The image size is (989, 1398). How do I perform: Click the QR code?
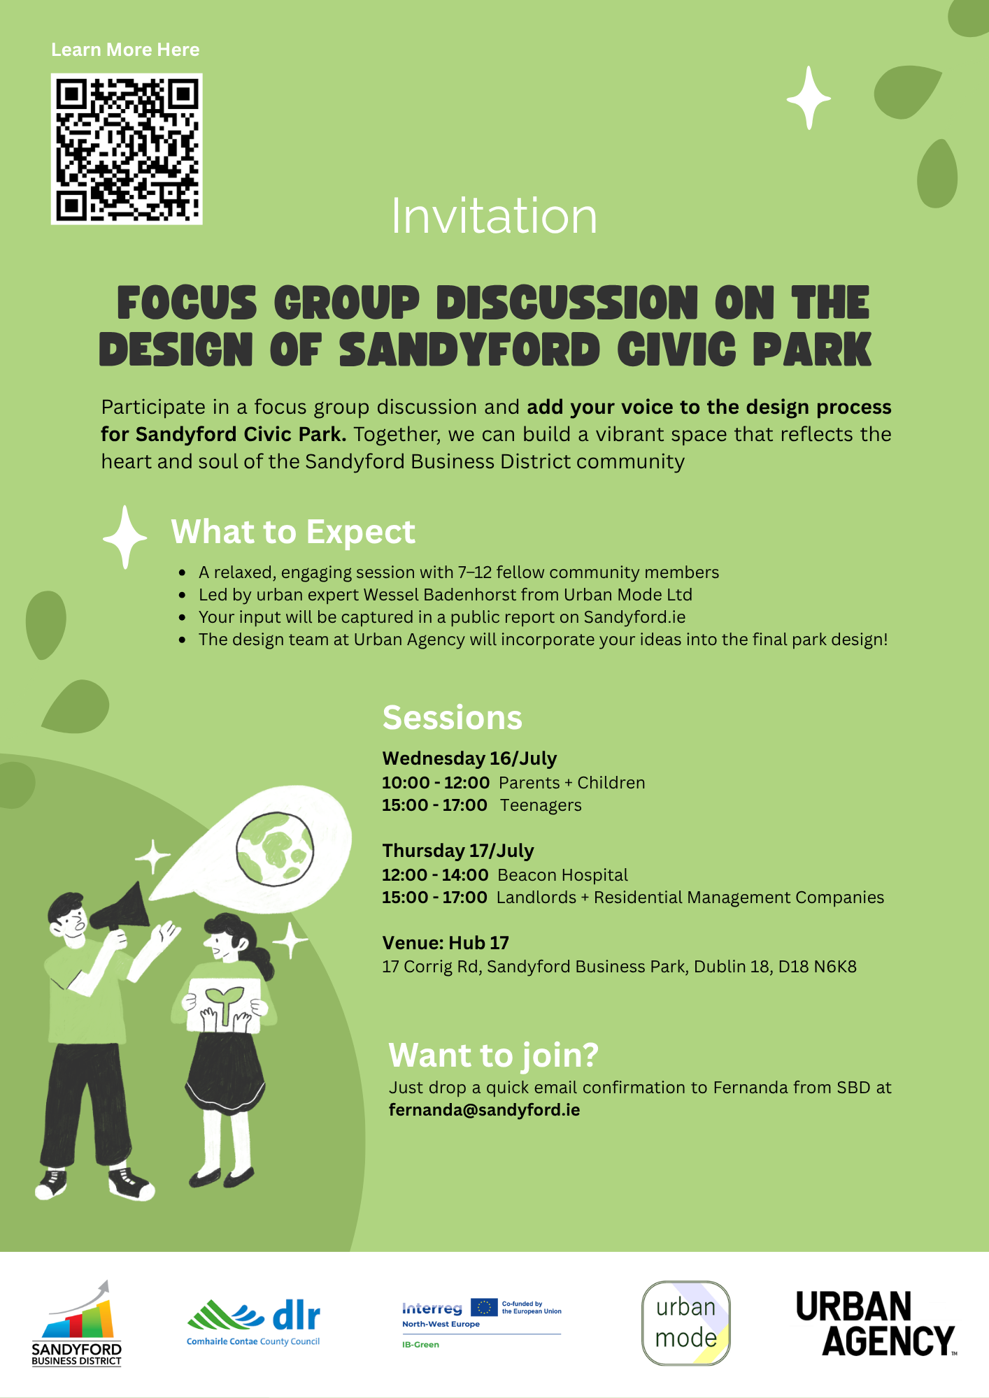(x=127, y=149)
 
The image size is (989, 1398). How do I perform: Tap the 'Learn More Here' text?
(x=125, y=50)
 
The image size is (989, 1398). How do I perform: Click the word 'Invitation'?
(x=494, y=216)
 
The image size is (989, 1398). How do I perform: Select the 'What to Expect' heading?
(x=293, y=532)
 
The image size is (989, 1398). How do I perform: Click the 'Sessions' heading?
(x=453, y=717)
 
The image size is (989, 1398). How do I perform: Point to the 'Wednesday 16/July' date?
(x=469, y=758)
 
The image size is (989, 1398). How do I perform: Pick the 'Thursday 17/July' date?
(x=458, y=851)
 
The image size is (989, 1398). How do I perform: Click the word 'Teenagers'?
(x=541, y=805)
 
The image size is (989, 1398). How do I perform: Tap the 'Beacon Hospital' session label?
(x=563, y=875)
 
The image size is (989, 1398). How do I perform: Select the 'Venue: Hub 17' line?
(x=446, y=943)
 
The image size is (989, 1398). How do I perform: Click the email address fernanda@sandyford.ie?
(x=485, y=1110)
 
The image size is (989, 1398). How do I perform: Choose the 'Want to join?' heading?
(x=494, y=1055)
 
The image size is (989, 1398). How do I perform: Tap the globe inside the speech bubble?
(x=275, y=848)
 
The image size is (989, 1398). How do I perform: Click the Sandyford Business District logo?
(x=77, y=1323)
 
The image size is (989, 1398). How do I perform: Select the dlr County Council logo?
(x=253, y=1323)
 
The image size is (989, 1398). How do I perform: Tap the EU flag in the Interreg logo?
(x=484, y=1307)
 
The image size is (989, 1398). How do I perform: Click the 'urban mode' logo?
(x=686, y=1323)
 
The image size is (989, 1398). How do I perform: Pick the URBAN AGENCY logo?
(x=876, y=1323)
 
